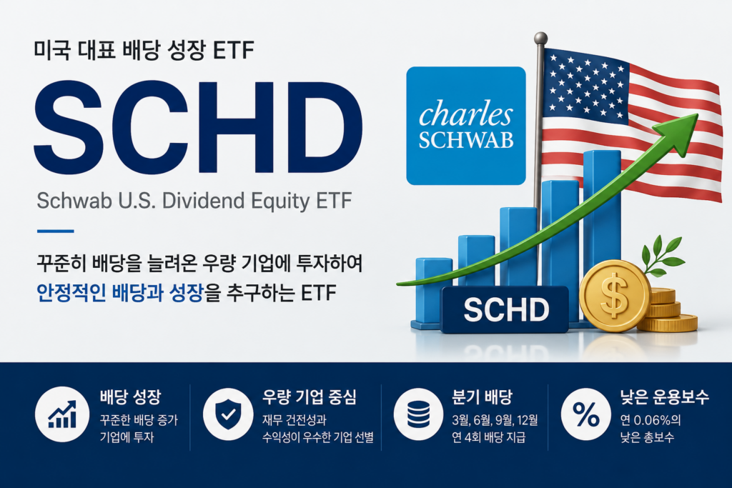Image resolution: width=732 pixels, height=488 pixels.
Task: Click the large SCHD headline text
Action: (x=199, y=127)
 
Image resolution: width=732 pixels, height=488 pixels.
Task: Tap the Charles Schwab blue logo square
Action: (x=466, y=126)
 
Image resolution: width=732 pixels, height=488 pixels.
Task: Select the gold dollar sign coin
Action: (x=615, y=296)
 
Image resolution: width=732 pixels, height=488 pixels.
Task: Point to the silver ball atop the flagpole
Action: (x=540, y=39)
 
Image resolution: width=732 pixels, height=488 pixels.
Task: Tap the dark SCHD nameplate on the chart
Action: (x=505, y=309)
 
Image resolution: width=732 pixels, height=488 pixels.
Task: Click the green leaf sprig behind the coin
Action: (x=662, y=256)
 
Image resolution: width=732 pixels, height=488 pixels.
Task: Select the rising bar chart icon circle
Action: (x=62, y=414)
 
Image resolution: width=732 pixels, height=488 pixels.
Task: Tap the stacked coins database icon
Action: (x=418, y=414)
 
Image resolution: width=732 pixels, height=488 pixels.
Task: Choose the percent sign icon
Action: (x=586, y=414)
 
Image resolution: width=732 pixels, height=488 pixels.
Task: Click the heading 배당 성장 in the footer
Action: (x=130, y=397)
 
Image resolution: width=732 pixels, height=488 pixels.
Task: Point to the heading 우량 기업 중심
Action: (x=310, y=397)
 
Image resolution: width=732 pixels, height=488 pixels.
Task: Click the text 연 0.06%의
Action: (x=651, y=420)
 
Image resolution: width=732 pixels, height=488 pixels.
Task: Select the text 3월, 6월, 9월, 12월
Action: (x=495, y=420)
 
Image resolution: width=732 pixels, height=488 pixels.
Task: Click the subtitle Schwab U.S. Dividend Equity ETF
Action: (x=194, y=201)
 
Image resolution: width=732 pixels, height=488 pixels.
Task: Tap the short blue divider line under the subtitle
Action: (x=55, y=231)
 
